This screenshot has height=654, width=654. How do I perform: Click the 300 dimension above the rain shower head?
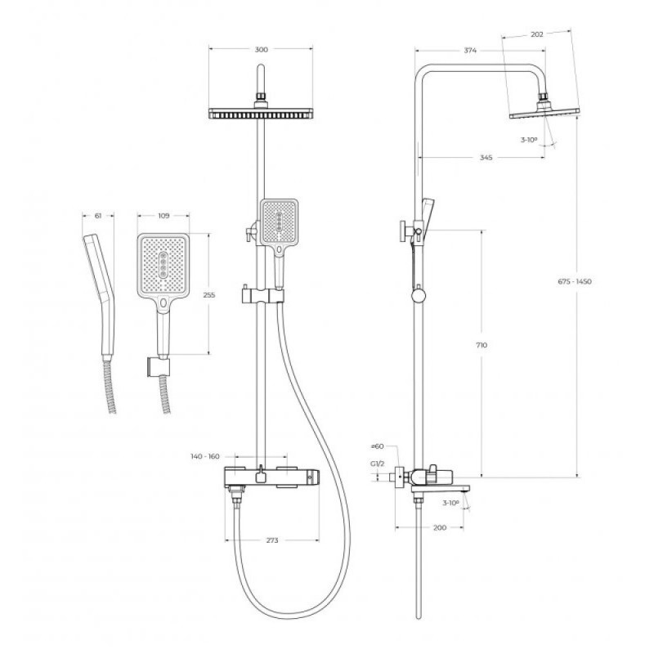click(261, 50)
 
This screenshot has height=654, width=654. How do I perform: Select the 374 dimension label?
click(470, 51)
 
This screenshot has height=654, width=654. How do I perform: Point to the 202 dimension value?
click(537, 34)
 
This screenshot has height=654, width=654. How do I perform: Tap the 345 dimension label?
click(486, 158)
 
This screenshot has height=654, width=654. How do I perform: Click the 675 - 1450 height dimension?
click(575, 281)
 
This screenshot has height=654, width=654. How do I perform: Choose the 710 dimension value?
click(482, 345)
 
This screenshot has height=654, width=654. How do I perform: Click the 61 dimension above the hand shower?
click(98, 216)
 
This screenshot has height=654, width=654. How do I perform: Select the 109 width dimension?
click(164, 216)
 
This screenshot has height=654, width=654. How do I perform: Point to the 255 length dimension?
click(209, 295)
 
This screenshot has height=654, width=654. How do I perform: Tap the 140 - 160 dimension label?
click(205, 457)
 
